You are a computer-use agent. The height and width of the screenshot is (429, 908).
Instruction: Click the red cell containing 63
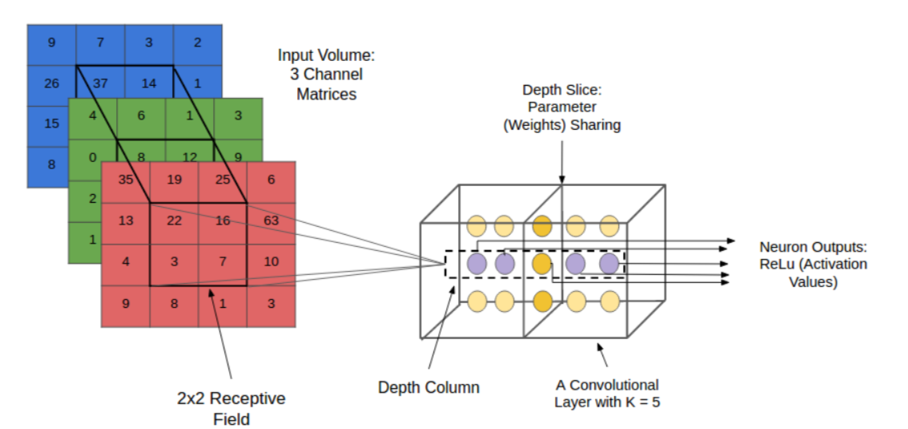(271, 221)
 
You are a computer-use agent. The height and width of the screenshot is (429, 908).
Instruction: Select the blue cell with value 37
(100, 83)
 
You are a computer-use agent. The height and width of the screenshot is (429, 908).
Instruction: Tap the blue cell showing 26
(51, 83)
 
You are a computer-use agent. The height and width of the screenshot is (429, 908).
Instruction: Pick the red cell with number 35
(126, 180)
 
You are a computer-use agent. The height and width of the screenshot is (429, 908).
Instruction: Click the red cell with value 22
(174, 221)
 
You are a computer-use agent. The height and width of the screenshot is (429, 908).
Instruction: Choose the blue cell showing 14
(149, 83)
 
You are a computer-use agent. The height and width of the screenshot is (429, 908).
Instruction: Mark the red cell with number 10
(271, 261)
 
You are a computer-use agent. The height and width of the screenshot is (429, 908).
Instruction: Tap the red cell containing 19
(174, 180)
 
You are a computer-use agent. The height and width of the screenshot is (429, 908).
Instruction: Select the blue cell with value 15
(51, 124)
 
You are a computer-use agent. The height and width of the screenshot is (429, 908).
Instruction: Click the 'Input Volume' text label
(326, 56)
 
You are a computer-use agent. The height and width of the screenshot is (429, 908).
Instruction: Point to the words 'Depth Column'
(428, 387)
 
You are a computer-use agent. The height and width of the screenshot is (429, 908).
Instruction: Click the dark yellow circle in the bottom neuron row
(542, 302)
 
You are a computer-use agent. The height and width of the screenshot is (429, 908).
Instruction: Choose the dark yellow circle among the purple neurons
(542, 264)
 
